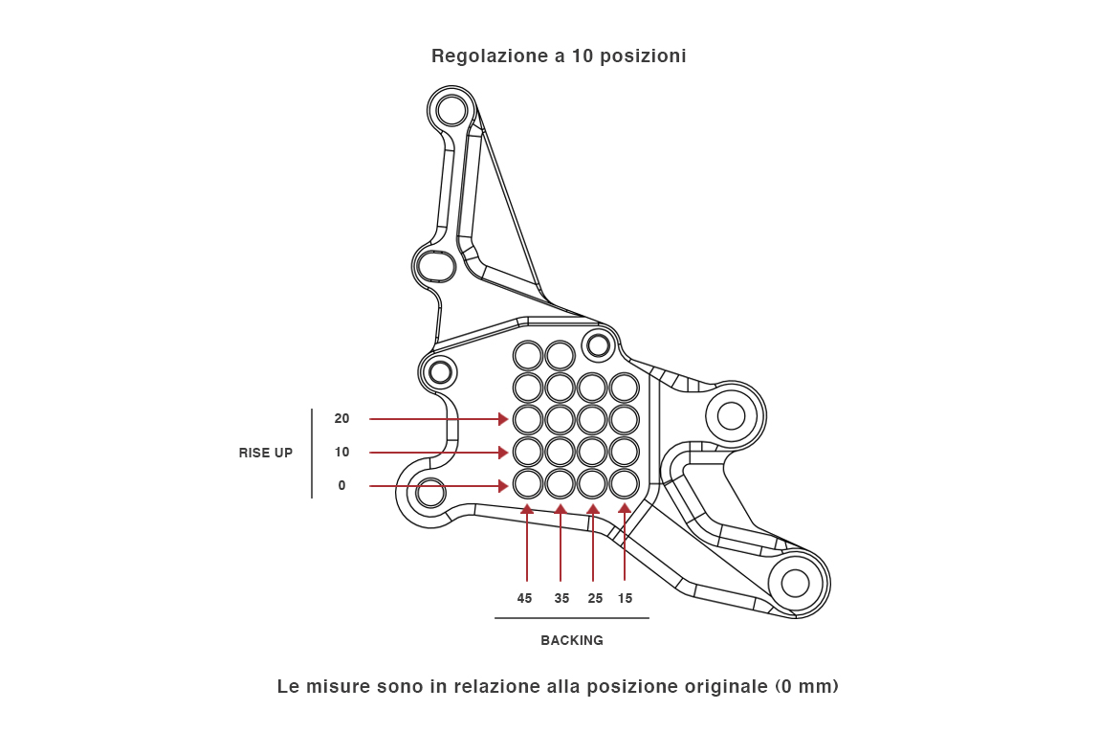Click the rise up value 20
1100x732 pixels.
pos(341,418)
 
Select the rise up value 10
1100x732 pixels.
pos(341,452)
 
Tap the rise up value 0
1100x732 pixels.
pos(341,485)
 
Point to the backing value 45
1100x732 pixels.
pos(524,598)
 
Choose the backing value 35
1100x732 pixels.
pos(561,598)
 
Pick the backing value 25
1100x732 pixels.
pos(595,598)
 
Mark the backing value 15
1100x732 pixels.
pos(625,598)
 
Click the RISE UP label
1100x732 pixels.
pos(266,453)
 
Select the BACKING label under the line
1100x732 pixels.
pos(572,640)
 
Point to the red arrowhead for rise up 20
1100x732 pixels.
pos(503,419)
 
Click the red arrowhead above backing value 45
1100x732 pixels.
pos(527,509)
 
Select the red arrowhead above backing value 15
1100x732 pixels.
pos(625,508)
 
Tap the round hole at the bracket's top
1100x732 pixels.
pos(451,110)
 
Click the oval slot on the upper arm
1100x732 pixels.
pos(436,265)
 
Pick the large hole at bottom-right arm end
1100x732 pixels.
pos(796,583)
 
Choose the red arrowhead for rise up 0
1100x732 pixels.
pos(503,486)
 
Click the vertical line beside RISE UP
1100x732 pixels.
pos(312,453)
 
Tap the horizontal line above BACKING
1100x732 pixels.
pos(572,618)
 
